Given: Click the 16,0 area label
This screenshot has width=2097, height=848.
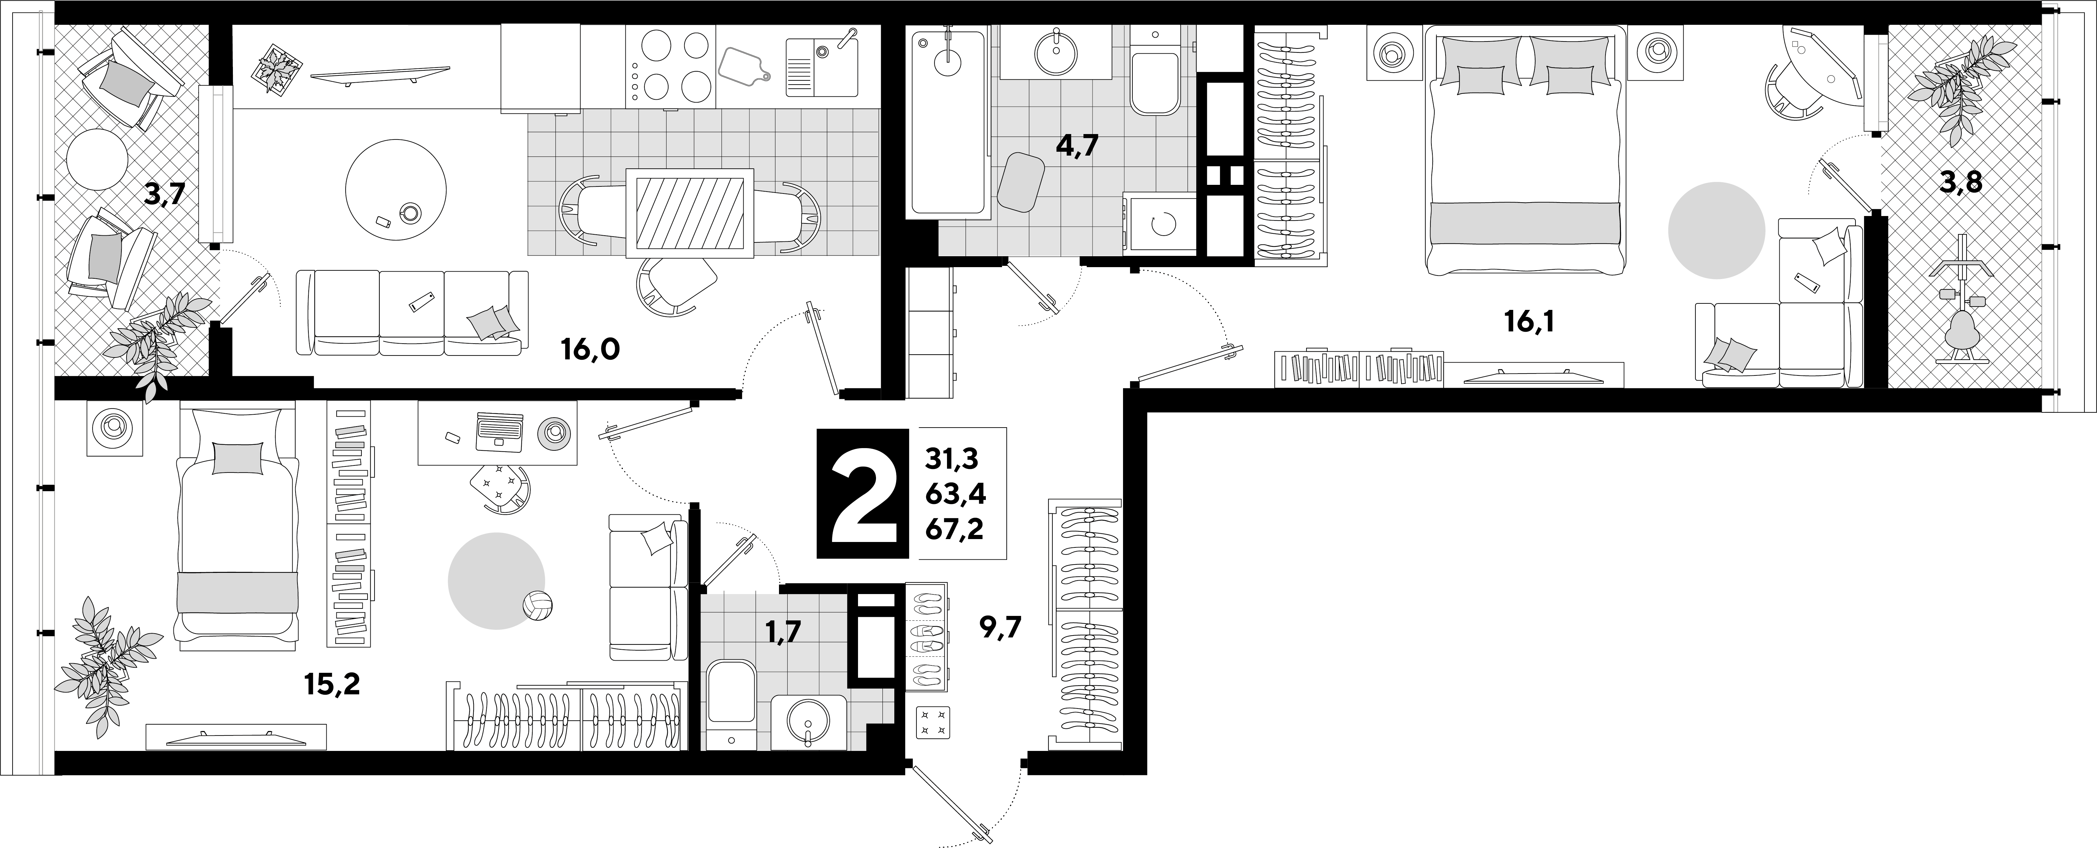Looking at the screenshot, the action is pos(590,350).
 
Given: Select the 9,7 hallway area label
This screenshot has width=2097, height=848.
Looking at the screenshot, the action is pos(1000,628).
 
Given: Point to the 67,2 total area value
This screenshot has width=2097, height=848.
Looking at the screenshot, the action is pos(954,530).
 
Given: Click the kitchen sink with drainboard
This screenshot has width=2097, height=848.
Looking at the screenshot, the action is pos(820,65).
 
